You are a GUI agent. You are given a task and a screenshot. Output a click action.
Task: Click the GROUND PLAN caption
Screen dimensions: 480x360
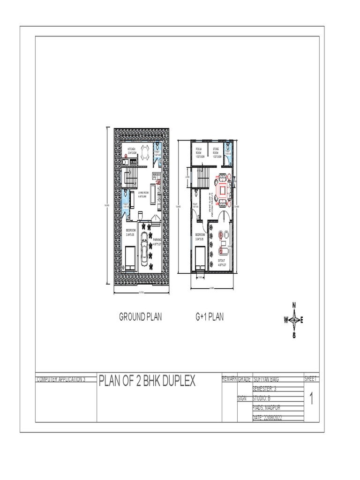[x=140, y=317]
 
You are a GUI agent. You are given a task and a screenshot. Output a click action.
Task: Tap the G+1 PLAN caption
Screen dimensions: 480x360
[x=210, y=317]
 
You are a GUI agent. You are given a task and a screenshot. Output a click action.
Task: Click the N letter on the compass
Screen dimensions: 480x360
[x=294, y=305]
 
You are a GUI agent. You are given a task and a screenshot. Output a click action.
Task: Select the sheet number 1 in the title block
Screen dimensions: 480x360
[x=311, y=399]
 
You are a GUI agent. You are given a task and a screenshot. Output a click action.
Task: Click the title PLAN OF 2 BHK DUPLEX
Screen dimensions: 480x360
[x=147, y=381]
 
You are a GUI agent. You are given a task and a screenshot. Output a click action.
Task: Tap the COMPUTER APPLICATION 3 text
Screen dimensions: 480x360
[x=61, y=379]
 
